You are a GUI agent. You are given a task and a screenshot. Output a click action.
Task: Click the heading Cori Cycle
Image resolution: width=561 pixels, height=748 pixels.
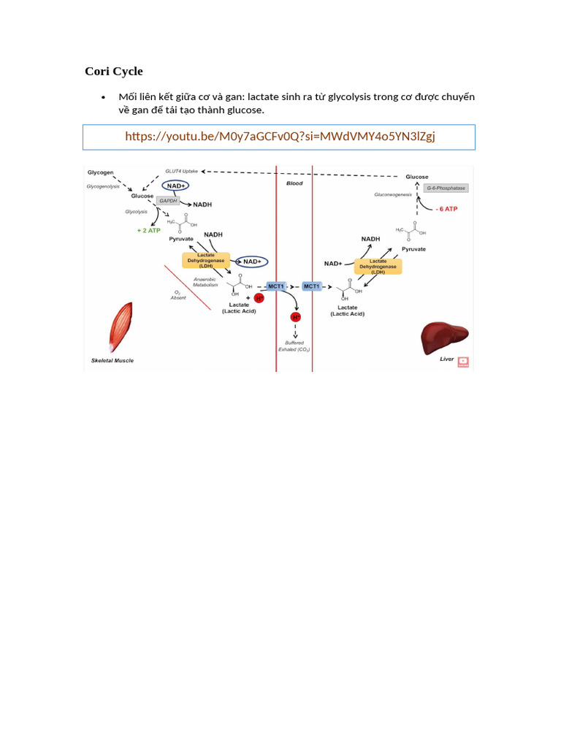click(x=114, y=71)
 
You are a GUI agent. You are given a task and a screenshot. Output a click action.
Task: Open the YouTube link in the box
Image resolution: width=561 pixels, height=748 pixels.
click(x=280, y=137)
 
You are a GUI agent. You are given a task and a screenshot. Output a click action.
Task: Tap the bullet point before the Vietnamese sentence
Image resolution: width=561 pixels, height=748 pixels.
click(x=104, y=97)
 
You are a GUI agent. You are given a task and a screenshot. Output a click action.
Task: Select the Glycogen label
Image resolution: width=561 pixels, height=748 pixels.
click(x=101, y=172)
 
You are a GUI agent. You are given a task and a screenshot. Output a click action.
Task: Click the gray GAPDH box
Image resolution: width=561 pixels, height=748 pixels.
click(x=167, y=200)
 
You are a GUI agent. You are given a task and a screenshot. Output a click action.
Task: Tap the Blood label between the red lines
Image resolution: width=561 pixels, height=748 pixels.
click(x=294, y=183)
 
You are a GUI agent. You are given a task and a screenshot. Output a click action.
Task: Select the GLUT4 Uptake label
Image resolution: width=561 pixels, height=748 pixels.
click(x=181, y=170)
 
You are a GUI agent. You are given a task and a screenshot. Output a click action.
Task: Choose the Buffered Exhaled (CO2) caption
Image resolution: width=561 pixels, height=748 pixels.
click(x=294, y=346)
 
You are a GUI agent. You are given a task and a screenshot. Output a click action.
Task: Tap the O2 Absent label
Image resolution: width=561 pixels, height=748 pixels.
click(x=178, y=295)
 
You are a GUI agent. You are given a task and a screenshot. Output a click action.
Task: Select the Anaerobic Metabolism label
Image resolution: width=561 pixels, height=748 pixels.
click(x=205, y=281)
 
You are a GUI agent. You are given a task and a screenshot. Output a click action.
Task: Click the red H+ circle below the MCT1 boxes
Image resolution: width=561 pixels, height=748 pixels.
click(x=296, y=318)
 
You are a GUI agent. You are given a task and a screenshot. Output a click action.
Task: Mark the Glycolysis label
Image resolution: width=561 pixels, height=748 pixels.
click(x=136, y=211)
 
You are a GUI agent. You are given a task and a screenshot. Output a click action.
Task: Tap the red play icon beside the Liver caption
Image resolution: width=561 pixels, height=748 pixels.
click(x=463, y=361)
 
